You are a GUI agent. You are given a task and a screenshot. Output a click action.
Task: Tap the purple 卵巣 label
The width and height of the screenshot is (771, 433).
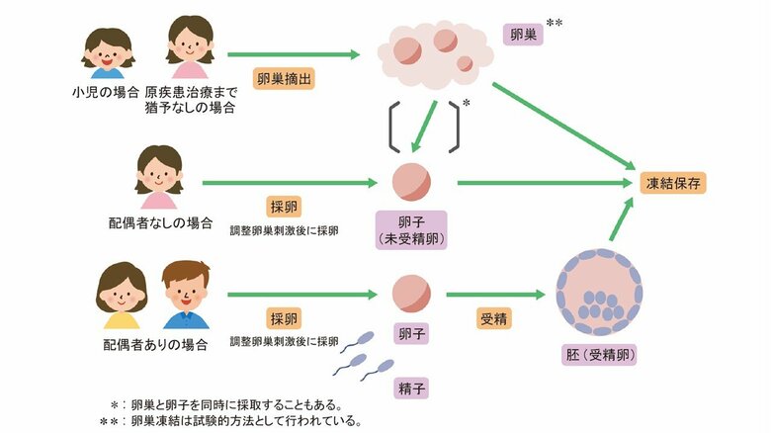tap(522, 34)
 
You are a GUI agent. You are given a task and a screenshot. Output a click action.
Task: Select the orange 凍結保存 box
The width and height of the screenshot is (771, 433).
tap(675, 183)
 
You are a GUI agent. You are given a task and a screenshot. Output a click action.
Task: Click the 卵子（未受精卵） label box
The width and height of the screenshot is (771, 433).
tap(410, 228)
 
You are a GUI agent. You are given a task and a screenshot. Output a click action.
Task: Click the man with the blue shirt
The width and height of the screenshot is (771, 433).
tap(186, 295)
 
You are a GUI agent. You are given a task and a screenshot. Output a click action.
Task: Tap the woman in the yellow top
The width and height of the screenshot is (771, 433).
tap(122, 295)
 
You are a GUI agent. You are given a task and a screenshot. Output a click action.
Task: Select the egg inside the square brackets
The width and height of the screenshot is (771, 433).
tap(410, 182)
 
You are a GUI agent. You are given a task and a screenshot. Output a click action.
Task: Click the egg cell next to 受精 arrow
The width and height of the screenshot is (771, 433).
tap(410, 293)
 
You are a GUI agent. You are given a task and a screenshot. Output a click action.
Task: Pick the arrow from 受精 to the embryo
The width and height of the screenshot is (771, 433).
tap(495, 294)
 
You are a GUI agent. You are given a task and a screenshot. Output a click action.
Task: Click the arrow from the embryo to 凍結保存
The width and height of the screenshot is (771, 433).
tap(621, 219)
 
